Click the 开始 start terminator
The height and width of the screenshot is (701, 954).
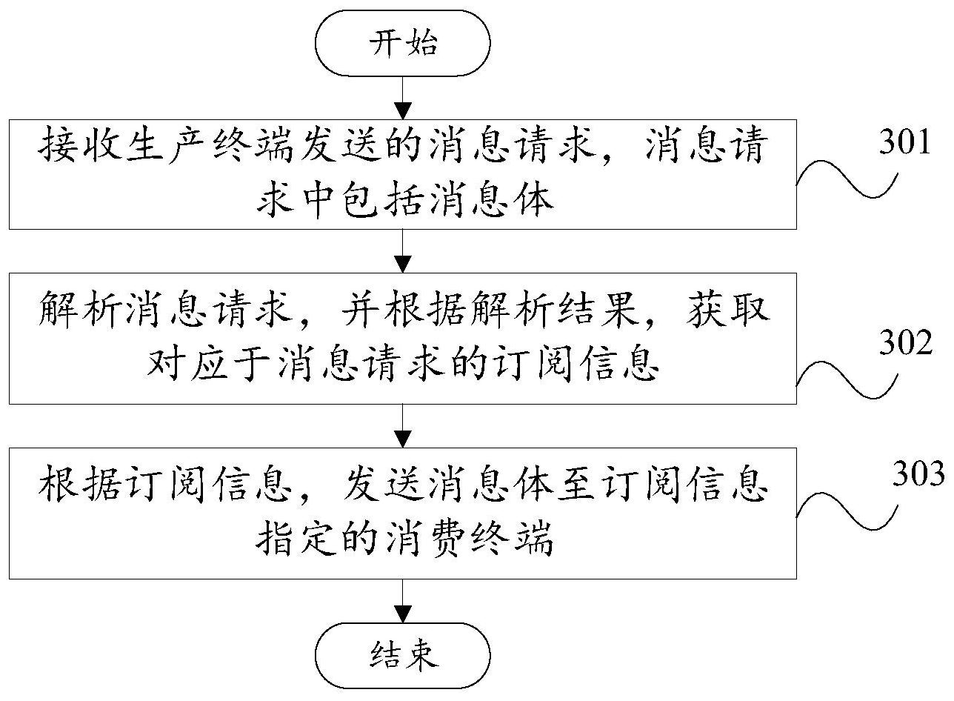pyautogui.click(x=402, y=43)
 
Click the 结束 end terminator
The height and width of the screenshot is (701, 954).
pyautogui.click(x=402, y=655)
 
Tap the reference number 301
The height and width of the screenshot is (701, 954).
pyautogui.click(x=904, y=142)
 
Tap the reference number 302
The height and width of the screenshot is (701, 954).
pyautogui.click(x=905, y=342)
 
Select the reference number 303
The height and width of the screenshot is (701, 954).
pyautogui.click(x=918, y=474)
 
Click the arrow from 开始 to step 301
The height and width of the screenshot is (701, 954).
pyautogui.click(x=403, y=98)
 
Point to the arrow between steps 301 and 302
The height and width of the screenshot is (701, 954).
pyautogui.click(x=403, y=251)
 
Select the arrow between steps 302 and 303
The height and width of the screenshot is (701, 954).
pyautogui.click(x=403, y=426)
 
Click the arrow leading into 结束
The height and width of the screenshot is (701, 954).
pyautogui.click(x=403, y=600)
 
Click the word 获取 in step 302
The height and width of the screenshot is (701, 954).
pyautogui.click(x=728, y=310)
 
